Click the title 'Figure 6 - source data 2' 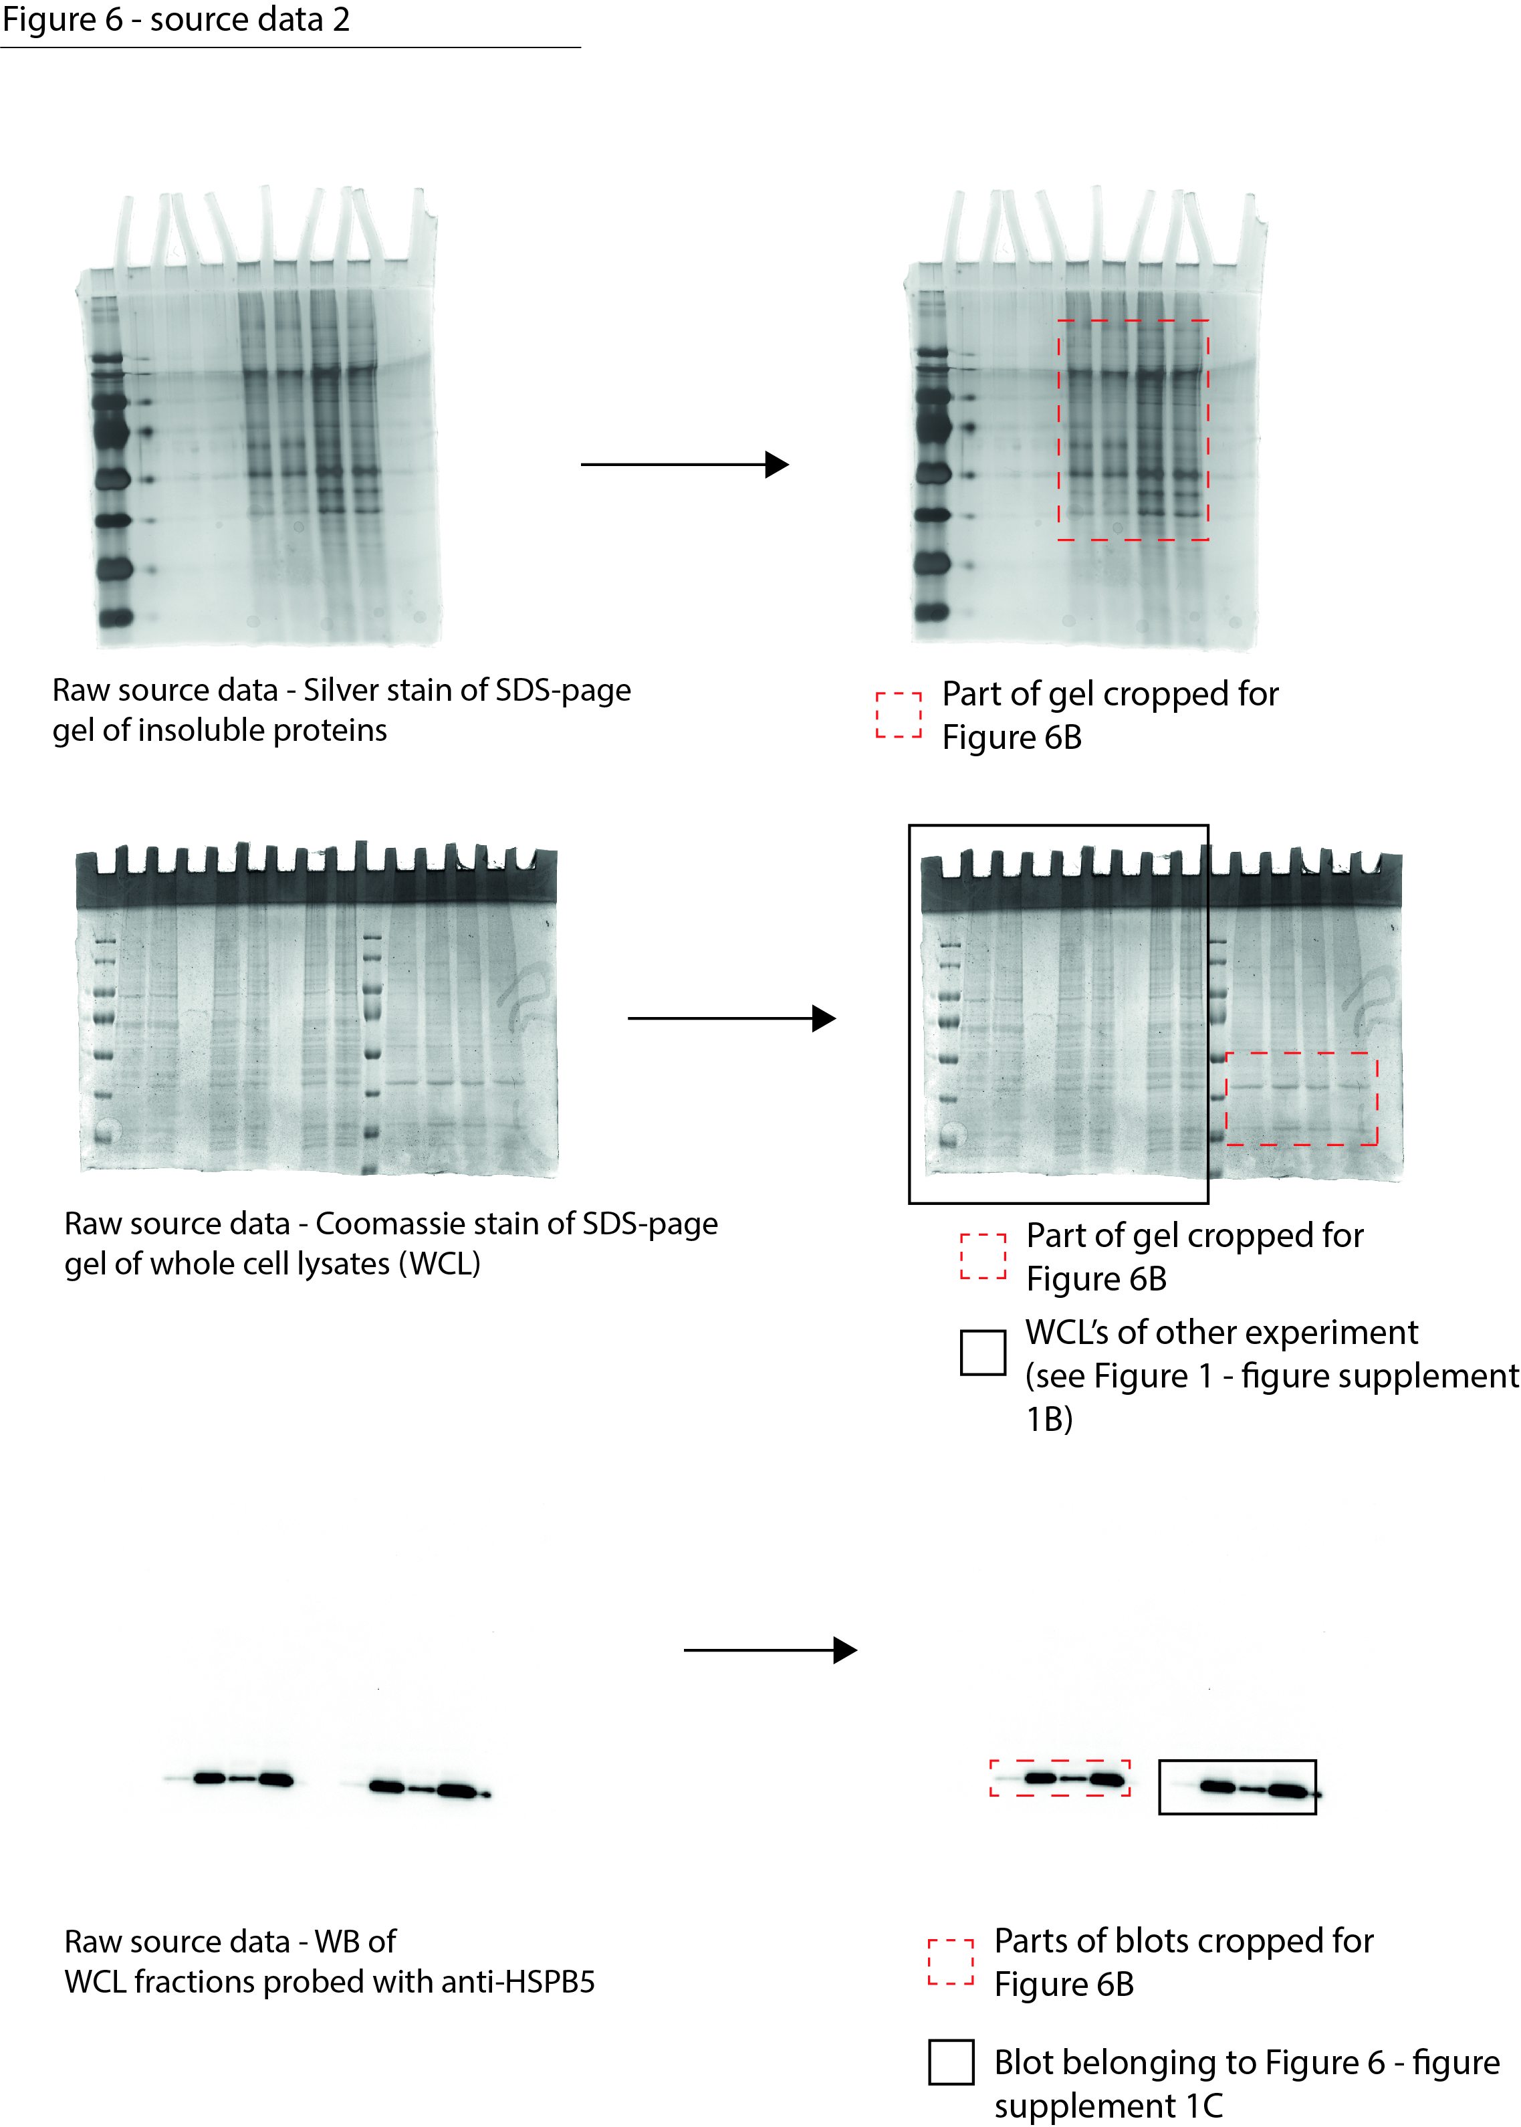click(x=175, y=19)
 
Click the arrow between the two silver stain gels click(x=684, y=465)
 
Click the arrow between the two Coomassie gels click(x=731, y=1018)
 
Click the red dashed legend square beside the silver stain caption click(x=898, y=715)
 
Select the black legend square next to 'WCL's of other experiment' click(x=983, y=1353)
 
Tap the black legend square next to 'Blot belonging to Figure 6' click(x=951, y=2062)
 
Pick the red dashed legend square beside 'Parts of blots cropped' click(x=951, y=1962)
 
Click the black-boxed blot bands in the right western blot click(x=1238, y=1788)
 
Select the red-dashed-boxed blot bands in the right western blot click(x=1060, y=1778)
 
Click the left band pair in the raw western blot click(x=243, y=1778)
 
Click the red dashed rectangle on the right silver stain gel click(x=1133, y=430)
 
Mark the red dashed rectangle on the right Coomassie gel click(x=1302, y=1099)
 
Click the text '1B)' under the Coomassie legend click(x=1049, y=1419)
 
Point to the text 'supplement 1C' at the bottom click(x=1108, y=2106)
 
